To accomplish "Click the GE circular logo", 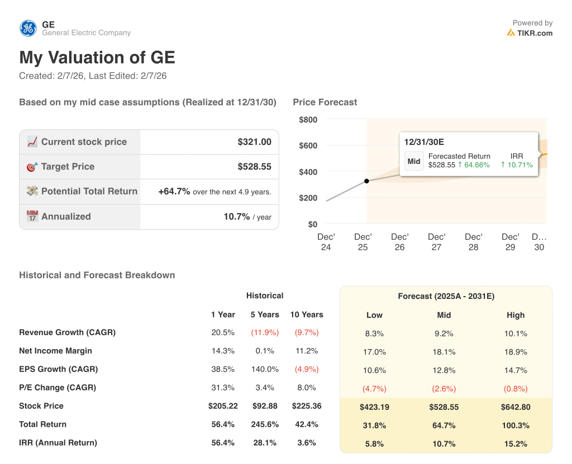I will coord(28,28).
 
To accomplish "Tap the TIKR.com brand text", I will coord(534,33).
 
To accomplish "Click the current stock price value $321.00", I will coord(254,142).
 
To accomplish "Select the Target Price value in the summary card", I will coord(254,167).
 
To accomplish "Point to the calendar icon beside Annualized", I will coord(32,216).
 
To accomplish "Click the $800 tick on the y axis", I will coord(308,119).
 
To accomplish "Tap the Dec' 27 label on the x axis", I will coord(436,242).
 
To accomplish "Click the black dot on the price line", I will coord(366,181).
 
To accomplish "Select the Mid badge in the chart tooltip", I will coord(414,161).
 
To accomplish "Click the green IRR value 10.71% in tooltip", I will coord(517,165).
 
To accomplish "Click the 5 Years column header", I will coord(265,315).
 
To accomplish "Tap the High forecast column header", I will coord(515,315).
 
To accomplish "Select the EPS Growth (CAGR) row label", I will coord(58,369).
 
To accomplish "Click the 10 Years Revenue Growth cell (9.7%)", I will coord(306,332).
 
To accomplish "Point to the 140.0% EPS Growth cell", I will coord(265,369).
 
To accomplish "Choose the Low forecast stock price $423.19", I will coord(374,407).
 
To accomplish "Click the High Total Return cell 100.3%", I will coord(515,426).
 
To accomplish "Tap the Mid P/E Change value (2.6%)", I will coord(444,389).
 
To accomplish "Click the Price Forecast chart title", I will coord(325,102).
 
